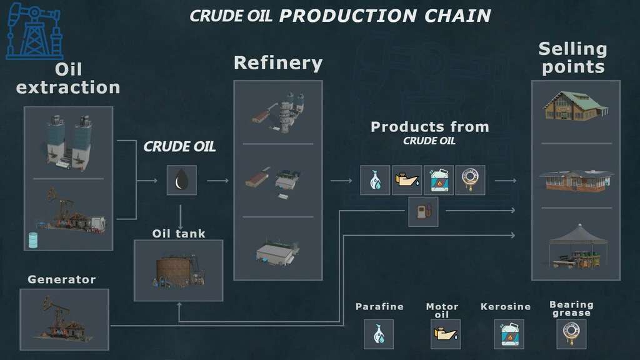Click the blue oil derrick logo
coord(34,31)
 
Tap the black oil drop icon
coord(181,180)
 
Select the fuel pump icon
coord(423,212)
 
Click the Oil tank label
coord(179,234)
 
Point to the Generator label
coord(61,279)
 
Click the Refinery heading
coord(278,63)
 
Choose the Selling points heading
coord(573,58)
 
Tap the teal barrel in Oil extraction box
coord(33,240)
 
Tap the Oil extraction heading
coord(68,78)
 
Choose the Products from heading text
coord(429,127)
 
